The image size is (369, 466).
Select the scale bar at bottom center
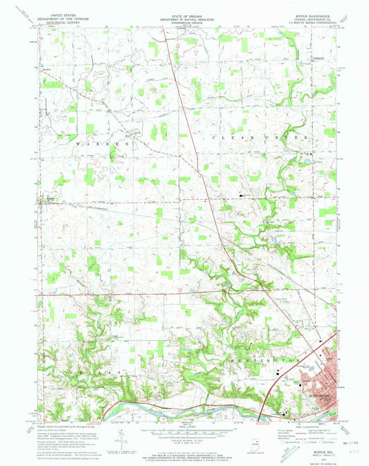coord(184,434)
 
